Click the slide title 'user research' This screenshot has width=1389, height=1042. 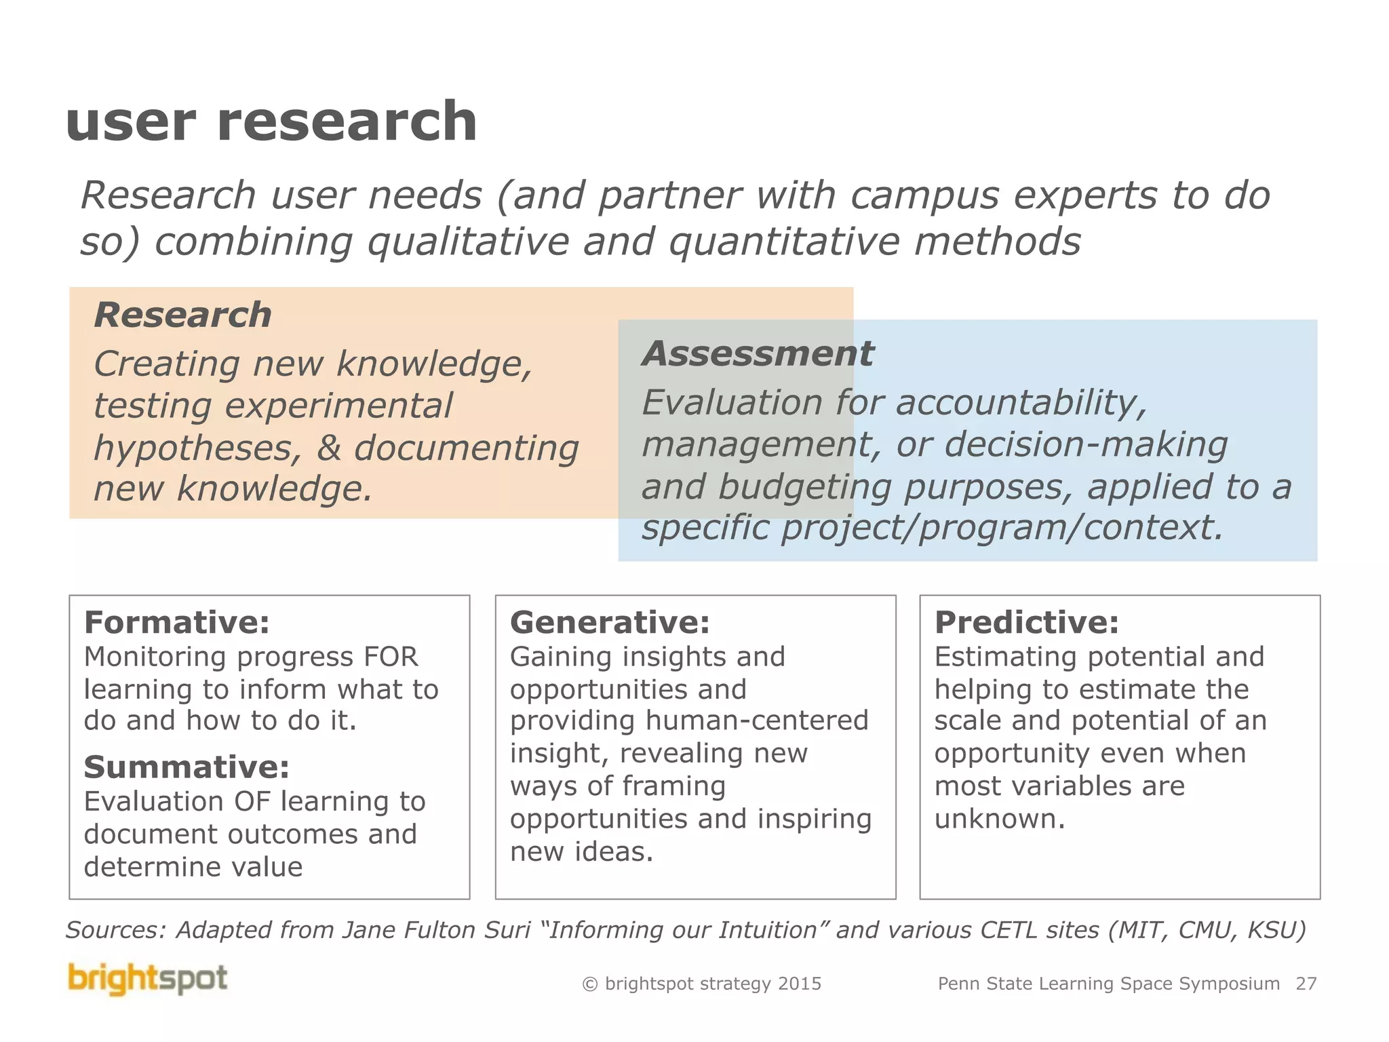point(271,122)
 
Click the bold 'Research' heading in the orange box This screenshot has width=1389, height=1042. point(183,315)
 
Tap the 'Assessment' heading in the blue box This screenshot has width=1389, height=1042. point(758,353)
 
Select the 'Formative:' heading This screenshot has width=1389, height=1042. point(176,622)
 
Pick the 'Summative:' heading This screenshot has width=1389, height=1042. point(187,767)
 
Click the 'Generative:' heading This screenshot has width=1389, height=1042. point(610,622)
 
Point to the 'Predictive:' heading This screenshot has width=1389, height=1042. point(1026,622)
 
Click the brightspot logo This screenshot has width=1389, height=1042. point(148,979)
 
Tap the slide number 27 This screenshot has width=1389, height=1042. point(1306,984)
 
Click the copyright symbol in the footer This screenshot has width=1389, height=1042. point(590,984)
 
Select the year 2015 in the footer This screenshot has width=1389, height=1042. point(800,984)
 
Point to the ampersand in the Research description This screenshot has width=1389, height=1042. point(329,448)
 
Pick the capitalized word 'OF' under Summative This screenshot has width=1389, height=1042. point(252,802)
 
